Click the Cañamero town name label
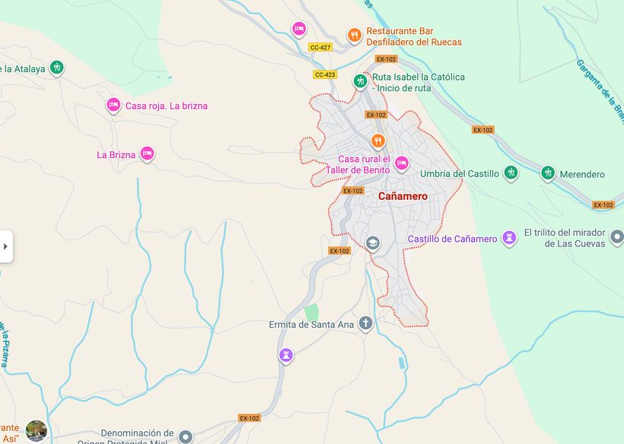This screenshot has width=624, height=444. point(403,196)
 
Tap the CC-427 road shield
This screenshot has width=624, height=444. point(320,47)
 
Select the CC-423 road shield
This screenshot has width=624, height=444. point(325,75)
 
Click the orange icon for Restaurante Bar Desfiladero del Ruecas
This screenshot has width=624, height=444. point(354,35)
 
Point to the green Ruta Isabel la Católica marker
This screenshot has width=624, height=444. point(361,81)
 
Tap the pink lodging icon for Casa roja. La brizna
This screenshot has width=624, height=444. point(113,106)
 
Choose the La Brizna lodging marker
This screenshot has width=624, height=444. point(147,154)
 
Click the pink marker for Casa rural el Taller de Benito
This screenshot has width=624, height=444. point(401,163)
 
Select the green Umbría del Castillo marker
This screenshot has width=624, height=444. point(511,173)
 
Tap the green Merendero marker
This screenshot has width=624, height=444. point(548,173)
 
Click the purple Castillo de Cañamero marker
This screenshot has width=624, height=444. point(510,239)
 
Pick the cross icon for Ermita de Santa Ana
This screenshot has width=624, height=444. point(366,324)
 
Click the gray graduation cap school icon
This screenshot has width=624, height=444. point(373,243)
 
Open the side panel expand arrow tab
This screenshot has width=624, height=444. point(6,246)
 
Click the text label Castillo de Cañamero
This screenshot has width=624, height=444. point(452,239)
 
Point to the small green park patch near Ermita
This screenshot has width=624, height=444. point(311,312)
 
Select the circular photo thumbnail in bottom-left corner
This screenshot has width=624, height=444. point(36,430)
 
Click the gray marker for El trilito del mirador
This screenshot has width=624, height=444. point(617,238)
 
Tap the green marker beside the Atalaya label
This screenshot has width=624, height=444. point(56,68)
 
